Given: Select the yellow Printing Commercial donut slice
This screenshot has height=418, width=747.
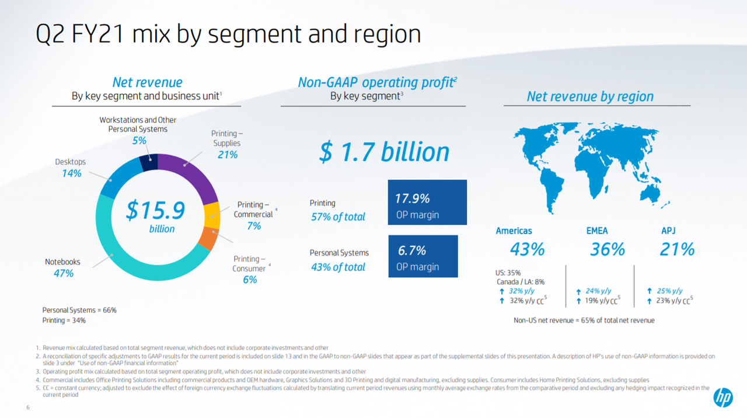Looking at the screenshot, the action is [212, 215].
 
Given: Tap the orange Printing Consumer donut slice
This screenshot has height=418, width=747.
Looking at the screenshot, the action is [208, 238].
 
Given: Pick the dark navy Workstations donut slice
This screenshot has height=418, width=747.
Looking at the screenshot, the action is [149, 162].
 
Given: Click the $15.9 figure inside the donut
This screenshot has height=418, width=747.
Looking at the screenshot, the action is [155, 210].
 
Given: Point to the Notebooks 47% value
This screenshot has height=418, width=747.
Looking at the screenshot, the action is [64, 273].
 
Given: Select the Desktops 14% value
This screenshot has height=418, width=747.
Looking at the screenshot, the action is [72, 173].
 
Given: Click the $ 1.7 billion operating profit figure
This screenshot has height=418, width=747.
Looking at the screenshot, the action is [384, 152].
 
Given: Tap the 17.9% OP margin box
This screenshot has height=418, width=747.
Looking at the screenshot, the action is [427, 202].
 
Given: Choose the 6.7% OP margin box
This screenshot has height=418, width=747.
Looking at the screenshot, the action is [423, 256].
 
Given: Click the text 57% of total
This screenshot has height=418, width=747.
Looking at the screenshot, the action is [338, 217].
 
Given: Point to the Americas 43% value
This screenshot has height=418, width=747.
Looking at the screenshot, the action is [527, 249].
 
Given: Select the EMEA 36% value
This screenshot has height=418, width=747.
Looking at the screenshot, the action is [608, 249].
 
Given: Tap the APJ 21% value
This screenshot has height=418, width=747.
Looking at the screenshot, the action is [677, 249].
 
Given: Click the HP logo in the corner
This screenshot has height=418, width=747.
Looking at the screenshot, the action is [723, 398].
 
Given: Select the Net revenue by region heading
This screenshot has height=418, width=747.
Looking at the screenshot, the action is [590, 96].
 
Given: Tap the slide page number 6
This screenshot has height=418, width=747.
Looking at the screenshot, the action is [28, 407].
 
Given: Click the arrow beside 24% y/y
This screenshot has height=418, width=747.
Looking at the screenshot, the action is [578, 291].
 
